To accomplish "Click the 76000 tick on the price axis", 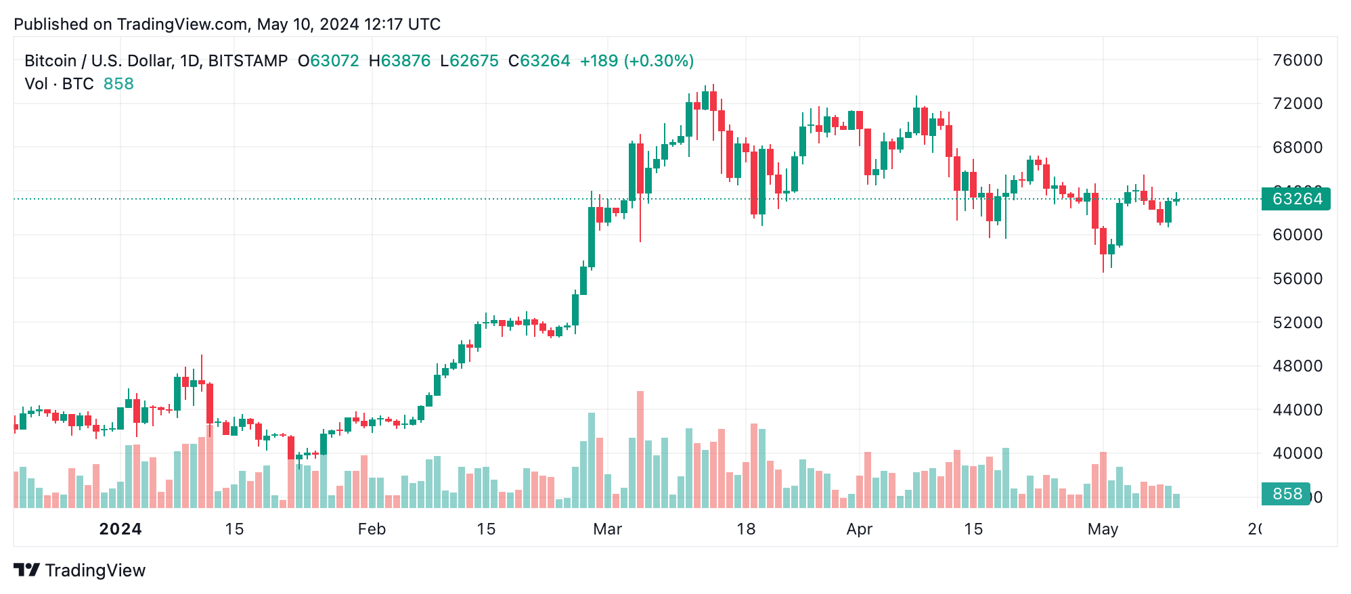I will click(x=1297, y=60).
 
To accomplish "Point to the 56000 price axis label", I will click(x=1297, y=279).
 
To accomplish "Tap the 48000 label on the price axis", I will click(x=1297, y=366).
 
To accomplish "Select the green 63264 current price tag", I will click(x=1295, y=199).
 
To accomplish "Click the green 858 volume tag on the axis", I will click(x=1286, y=494).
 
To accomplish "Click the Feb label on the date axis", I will click(x=372, y=529).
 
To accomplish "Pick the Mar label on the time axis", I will click(x=607, y=529).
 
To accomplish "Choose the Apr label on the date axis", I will click(x=859, y=529).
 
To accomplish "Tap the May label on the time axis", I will click(x=1103, y=529).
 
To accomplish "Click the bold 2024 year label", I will click(x=120, y=529).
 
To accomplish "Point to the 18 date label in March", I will click(x=746, y=529).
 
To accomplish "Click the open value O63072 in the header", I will click(x=328, y=61).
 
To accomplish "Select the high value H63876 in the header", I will click(x=399, y=61).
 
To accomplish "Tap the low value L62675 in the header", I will click(x=469, y=61).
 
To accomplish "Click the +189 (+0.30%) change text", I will click(x=636, y=61).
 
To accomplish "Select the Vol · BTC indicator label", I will click(x=59, y=84).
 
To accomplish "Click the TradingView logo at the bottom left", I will click(x=79, y=570).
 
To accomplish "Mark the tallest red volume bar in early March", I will click(x=640, y=449).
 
